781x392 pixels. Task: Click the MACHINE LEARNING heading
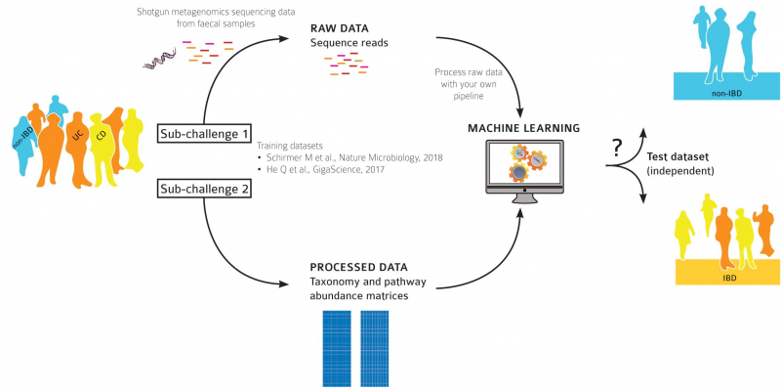524,128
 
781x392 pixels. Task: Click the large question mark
616,149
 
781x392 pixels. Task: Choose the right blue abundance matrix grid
375,349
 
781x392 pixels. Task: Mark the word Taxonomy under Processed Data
338,283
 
